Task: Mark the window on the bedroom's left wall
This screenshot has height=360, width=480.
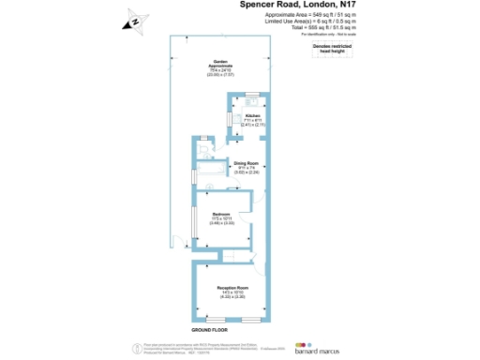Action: [193, 220]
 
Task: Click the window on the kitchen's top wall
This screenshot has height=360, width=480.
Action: [251, 94]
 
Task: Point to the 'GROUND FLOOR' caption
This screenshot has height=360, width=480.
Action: [211, 331]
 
